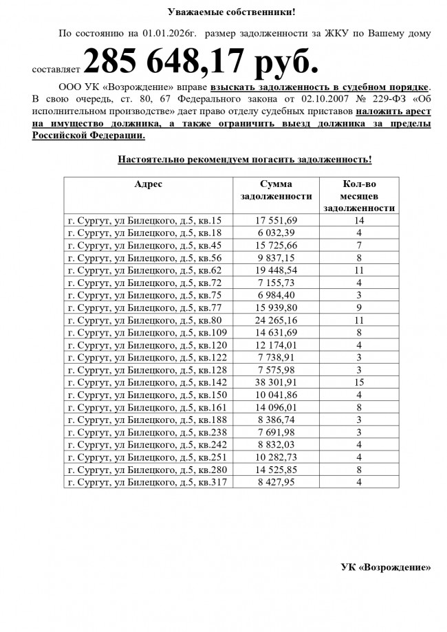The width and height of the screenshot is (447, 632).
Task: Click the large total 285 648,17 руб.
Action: (201, 62)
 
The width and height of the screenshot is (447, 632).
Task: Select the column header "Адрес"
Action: (148, 184)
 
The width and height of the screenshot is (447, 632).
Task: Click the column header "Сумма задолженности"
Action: (276, 190)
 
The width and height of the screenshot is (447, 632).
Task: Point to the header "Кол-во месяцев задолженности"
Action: (358, 195)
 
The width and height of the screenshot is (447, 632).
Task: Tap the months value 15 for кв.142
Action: (359, 382)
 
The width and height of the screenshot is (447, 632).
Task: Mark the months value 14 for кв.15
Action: (359, 221)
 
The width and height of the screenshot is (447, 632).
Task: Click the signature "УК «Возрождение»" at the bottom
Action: (386, 567)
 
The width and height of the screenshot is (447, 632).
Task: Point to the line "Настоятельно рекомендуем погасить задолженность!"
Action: (245, 160)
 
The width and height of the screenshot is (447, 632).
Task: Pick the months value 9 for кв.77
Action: (359, 307)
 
